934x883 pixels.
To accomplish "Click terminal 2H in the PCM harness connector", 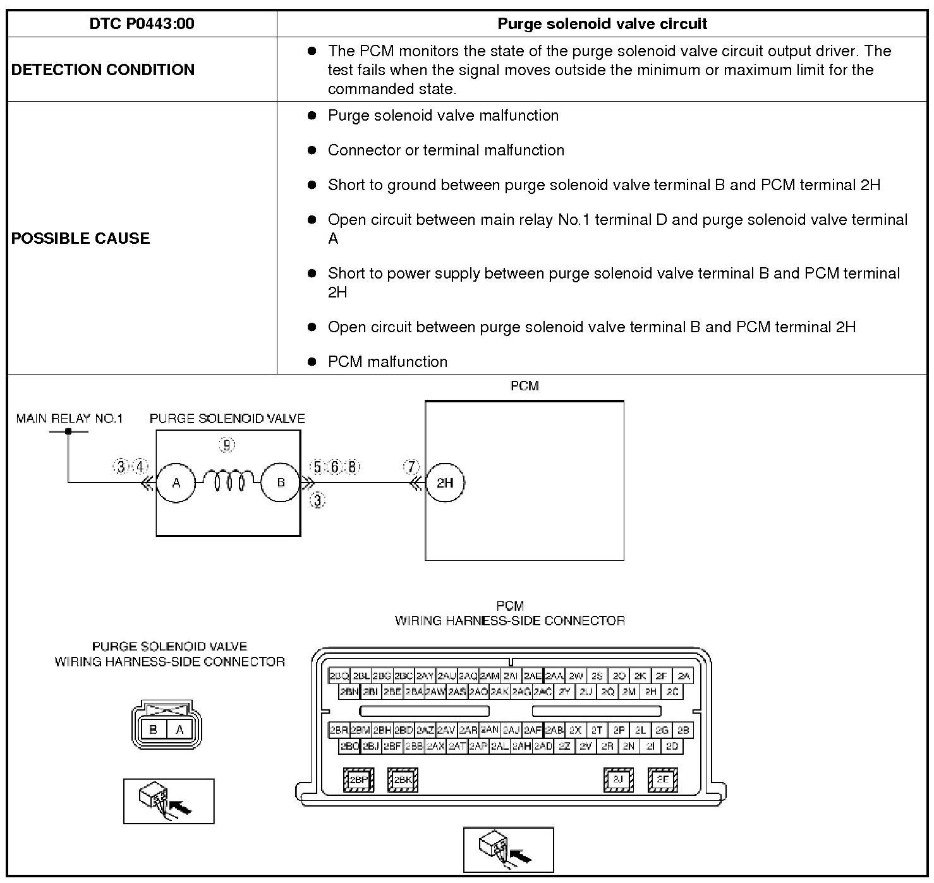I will click(650, 692).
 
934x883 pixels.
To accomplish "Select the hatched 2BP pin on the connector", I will click(358, 779).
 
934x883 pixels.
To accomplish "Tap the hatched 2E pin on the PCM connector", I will click(662, 779).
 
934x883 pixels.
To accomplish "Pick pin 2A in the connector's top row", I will click(683, 676).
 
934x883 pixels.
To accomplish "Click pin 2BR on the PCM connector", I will click(339, 730).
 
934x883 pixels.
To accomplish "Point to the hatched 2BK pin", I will click(403, 779).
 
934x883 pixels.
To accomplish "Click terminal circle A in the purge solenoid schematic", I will click(176, 483).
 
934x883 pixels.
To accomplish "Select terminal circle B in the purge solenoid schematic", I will click(281, 483).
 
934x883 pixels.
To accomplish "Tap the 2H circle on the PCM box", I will click(445, 483).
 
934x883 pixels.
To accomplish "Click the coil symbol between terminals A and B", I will click(229, 483).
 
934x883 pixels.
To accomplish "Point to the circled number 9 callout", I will click(227, 445).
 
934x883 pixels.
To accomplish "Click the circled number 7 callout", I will click(411, 467).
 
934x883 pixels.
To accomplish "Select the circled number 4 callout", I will click(140, 467).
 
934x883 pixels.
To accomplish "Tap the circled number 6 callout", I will click(335, 467).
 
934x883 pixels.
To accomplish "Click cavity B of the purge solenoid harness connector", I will click(153, 730).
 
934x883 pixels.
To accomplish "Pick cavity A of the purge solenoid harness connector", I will click(179, 730).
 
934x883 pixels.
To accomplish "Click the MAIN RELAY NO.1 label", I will click(70, 418).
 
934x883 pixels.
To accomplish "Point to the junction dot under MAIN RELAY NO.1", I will click(68, 431).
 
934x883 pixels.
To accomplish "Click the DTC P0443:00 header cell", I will click(142, 24).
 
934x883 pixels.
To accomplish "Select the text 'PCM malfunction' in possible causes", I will click(387, 362).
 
